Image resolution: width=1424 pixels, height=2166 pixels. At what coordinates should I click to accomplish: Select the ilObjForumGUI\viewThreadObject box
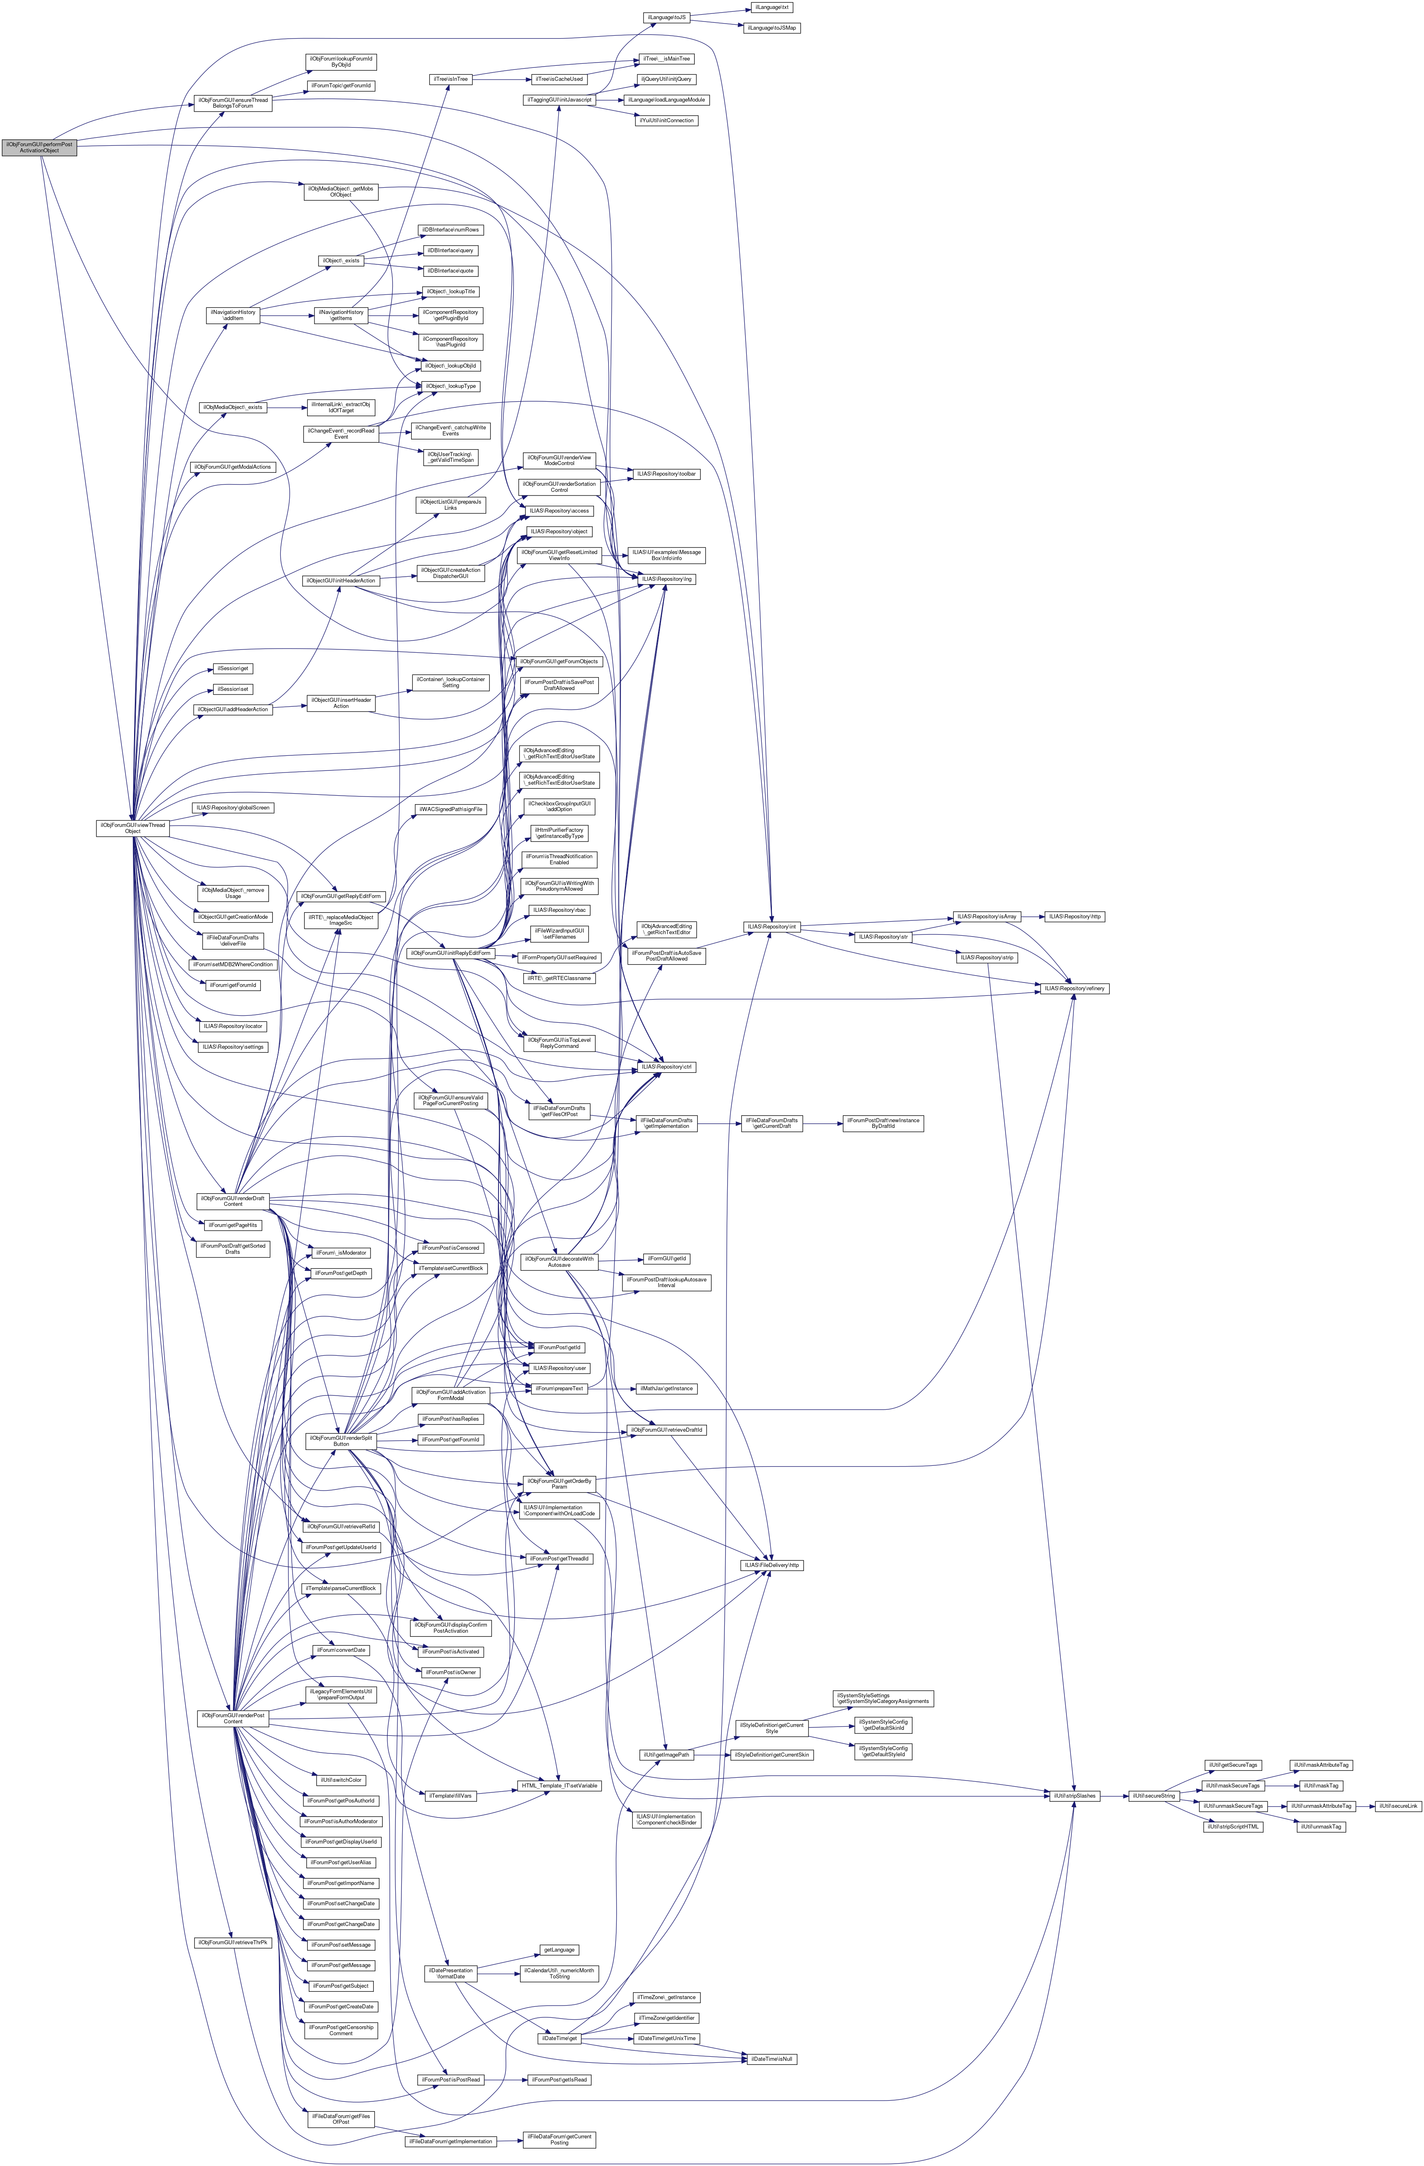point(132,828)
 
